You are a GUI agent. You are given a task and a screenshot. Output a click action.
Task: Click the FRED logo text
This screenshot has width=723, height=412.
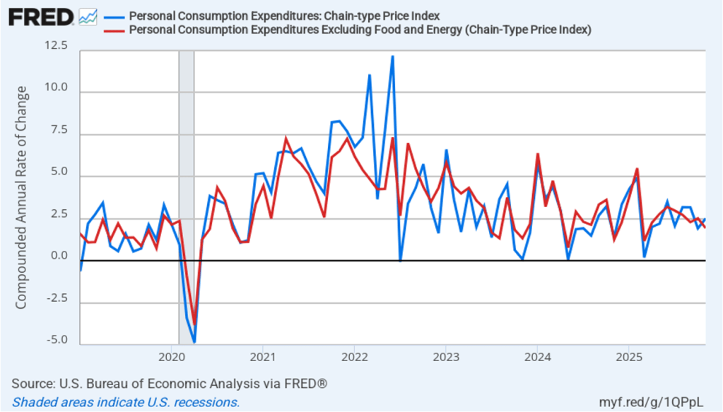pyautogui.click(x=41, y=16)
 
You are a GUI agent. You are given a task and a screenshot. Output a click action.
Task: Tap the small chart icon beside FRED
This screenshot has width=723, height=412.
pyautogui.click(x=88, y=17)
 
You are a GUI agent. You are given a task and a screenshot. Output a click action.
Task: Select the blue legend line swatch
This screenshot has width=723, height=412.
pyautogui.click(x=114, y=16)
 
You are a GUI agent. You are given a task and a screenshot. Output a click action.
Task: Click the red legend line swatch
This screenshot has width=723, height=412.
pyautogui.click(x=114, y=30)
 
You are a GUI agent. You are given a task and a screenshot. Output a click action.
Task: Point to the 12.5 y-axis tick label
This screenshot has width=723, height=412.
pyautogui.click(x=55, y=47)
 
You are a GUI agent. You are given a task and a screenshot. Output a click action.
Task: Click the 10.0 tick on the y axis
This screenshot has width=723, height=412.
pyautogui.click(x=55, y=88)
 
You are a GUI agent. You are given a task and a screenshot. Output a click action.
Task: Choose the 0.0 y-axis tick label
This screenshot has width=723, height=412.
pyautogui.click(x=57, y=257)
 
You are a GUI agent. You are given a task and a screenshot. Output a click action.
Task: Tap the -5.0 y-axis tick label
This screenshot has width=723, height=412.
pyautogui.click(x=56, y=340)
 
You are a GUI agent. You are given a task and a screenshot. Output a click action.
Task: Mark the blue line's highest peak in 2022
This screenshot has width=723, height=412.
pyautogui.click(x=392, y=57)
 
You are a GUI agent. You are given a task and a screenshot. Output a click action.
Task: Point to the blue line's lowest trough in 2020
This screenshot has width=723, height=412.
pyautogui.click(x=194, y=342)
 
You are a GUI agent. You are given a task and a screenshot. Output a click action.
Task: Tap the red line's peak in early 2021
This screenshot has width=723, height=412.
pyautogui.click(x=286, y=139)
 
